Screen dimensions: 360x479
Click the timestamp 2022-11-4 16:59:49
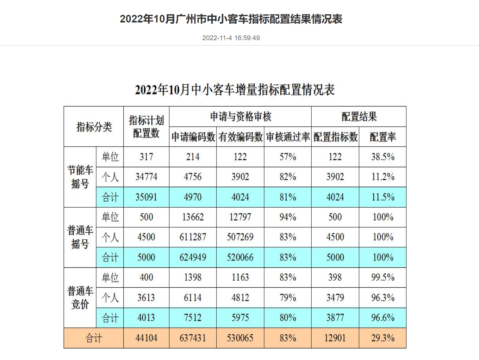(x=231, y=38)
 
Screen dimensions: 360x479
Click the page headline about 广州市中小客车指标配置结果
(x=231, y=19)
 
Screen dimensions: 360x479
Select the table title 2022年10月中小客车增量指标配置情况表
(x=235, y=90)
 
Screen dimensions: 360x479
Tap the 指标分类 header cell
(x=94, y=127)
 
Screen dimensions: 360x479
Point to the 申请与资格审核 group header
(x=240, y=117)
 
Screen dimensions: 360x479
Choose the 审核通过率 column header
(x=288, y=137)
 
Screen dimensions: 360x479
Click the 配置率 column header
(x=383, y=137)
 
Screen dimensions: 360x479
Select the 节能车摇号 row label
(x=80, y=177)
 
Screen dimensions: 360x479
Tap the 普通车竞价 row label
(x=80, y=297)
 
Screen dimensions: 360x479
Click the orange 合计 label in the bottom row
(x=94, y=338)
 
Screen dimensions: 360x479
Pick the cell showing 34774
(x=146, y=177)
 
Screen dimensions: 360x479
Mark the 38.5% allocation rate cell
(x=383, y=157)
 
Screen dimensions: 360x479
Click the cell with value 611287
(x=193, y=237)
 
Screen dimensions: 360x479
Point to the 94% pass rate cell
(x=288, y=217)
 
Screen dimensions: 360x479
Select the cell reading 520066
(x=240, y=257)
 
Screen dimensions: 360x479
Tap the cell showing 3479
(x=335, y=297)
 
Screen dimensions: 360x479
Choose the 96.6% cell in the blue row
(x=383, y=318)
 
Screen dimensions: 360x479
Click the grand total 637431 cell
(x=193, y=338)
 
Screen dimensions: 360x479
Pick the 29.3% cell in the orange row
(x=383, y=338)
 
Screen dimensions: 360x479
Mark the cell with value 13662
(x=193, y=217)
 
